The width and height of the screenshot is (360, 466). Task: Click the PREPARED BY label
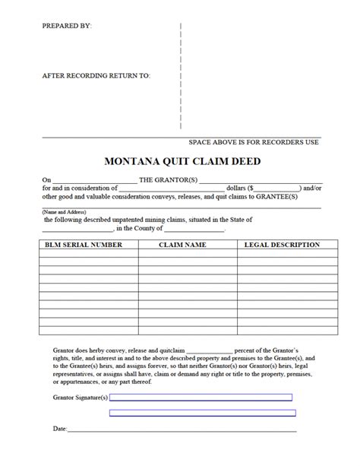67,26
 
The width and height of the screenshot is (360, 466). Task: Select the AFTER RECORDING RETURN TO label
96,76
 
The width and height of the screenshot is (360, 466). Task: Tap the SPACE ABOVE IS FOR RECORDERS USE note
253,142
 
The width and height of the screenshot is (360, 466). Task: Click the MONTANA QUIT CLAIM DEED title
180,161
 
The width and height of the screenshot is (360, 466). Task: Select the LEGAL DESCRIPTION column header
282,246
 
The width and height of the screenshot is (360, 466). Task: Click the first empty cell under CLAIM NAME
186,256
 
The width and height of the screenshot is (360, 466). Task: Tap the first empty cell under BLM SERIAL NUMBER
88,256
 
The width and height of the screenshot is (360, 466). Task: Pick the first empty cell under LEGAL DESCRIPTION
286,256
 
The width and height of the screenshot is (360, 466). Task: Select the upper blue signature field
201,398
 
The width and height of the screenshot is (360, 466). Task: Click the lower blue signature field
201,414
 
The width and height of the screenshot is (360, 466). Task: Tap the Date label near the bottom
59,430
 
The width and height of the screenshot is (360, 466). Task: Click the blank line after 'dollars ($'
277,188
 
